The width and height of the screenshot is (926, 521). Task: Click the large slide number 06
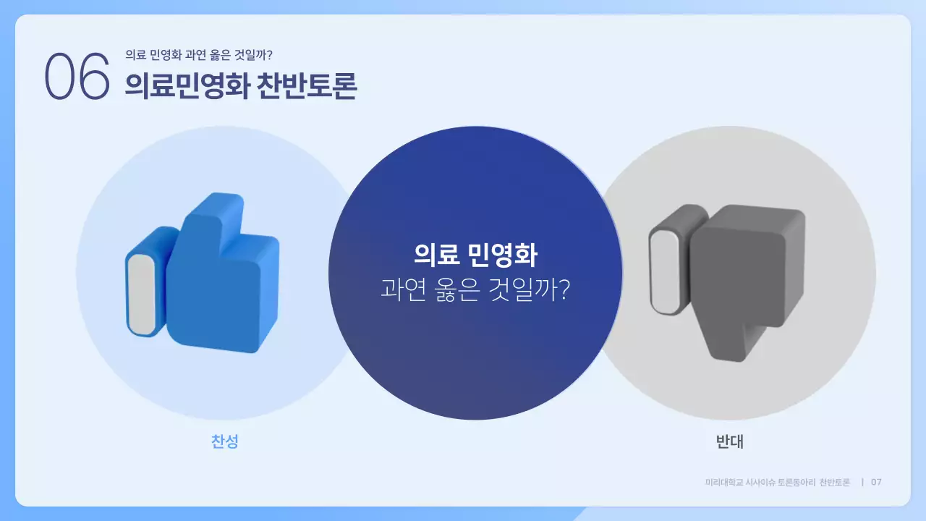point(77,76)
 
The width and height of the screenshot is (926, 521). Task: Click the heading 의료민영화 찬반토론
point(240,85)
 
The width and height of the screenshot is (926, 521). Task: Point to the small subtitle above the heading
point(198,55)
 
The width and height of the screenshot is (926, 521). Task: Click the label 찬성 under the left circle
point(224,441)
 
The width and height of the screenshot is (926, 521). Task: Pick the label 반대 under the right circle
point(729,441)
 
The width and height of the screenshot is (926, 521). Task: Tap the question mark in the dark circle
point(564,290)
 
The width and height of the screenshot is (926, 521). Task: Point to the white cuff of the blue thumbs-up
point(142,295)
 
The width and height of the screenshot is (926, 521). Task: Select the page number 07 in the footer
point(876,482)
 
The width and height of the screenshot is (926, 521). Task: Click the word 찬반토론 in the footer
point(835,482)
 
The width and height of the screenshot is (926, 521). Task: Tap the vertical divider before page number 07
point(862,482)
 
